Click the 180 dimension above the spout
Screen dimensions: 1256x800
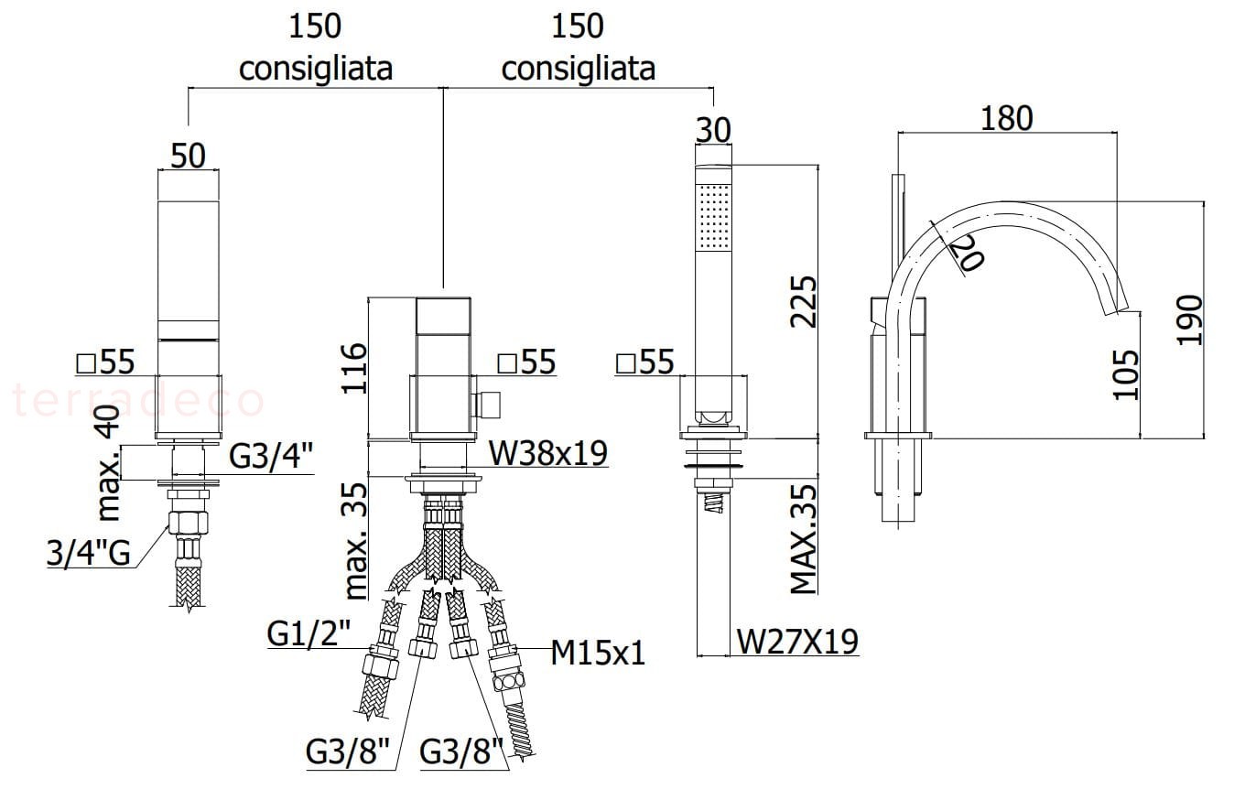coord(1006,118)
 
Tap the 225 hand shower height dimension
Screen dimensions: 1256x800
coord(803,301)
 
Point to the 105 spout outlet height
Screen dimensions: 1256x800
coord(1125,375)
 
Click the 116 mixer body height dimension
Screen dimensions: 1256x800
coord(353,368)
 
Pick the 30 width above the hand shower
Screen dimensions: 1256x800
coord(713,130)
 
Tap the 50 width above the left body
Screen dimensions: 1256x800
coord(188,156)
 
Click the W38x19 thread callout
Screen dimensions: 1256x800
coord(547,453)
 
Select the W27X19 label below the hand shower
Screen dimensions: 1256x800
coord(796,642)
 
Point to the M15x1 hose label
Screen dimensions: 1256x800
coord(598,654)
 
